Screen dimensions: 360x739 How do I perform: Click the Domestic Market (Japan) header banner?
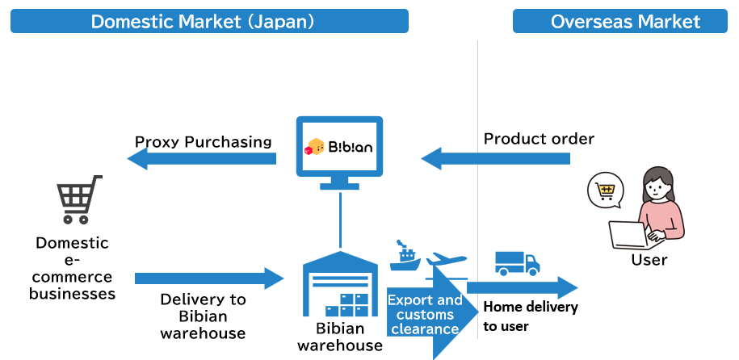209,21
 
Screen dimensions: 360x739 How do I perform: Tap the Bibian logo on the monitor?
339,148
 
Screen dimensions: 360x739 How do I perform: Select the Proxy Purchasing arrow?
202,159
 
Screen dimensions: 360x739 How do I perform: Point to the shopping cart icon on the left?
79,199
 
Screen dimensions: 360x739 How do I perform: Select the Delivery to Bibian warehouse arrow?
208,279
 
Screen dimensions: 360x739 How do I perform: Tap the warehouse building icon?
340,284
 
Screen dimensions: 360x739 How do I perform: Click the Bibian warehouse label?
340,337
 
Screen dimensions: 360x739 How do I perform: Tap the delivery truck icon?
517,263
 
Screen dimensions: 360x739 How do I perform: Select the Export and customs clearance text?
425,315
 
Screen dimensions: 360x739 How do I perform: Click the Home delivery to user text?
531,316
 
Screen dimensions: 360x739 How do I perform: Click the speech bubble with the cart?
606,191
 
